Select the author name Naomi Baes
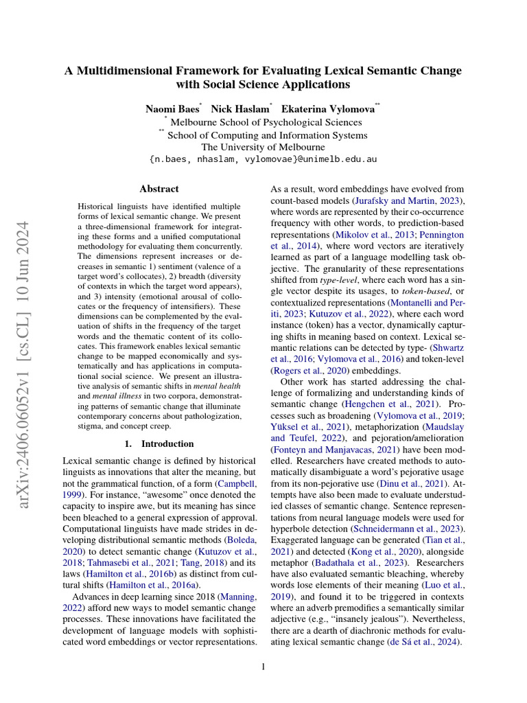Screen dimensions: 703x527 [172, 109]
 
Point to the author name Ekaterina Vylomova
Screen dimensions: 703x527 [327, 109]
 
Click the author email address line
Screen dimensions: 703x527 [263, 159]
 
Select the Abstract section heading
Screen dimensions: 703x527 [159, 189]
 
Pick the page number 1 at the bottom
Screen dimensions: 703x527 [263, 666]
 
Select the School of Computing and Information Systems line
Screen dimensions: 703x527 [267, 135]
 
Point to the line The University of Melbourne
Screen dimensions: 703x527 [263, 147]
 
